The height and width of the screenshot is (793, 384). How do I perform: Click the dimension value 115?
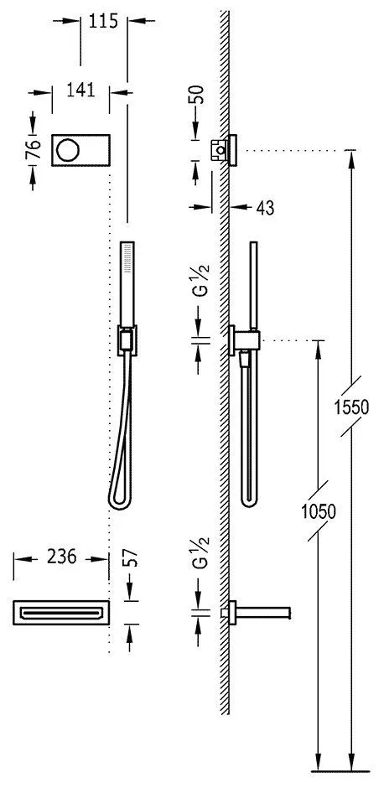point(103,21)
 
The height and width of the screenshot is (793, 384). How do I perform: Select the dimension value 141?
point(80,90)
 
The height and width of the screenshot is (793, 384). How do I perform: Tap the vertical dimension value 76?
point(34,150)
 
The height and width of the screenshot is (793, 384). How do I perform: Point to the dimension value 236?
point(62,557)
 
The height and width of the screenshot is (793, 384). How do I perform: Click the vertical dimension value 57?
point(131,558)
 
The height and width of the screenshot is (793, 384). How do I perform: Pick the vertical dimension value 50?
point(199,95)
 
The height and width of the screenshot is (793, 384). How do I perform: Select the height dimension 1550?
point(353,407)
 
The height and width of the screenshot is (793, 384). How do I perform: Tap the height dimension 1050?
point(319,512)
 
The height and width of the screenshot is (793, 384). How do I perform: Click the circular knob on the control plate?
point(67,149)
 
